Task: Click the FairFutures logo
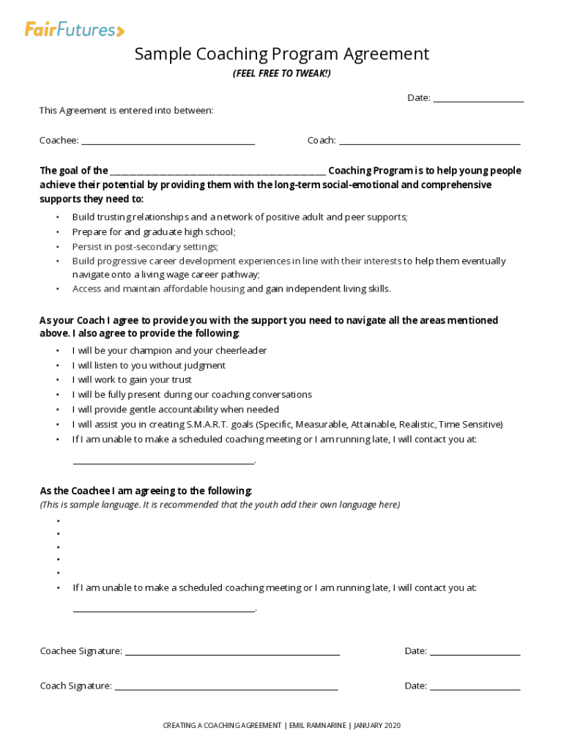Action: pyautogui.click(x=75, y=30)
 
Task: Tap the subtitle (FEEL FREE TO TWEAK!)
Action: pyautogui.click(x=281, y=74)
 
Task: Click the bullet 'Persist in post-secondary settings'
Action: pyautogui.click(x=145, y=247)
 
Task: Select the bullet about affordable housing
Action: pyautogui.click(x=231, y=289)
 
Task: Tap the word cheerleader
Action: pyautogui.click(x=240, y=350)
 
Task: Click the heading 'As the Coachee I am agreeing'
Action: pyautogui.click(x=146, y=491)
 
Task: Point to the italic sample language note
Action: pyautogui.click(x=220, y=505)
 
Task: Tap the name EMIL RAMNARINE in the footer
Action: pyautogui.click(x=318, y=725)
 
